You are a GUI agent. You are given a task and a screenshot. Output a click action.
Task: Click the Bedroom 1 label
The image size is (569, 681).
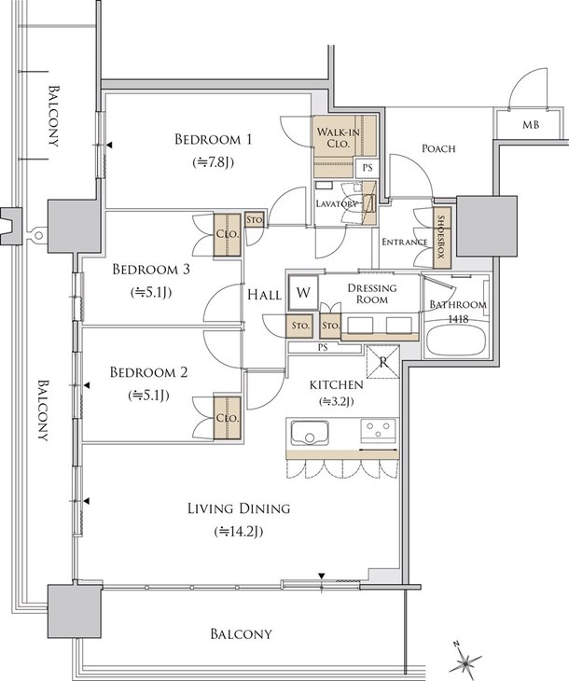click(x=213, y=139)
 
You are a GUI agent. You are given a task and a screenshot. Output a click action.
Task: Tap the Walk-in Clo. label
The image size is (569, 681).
click(x=338, y=137)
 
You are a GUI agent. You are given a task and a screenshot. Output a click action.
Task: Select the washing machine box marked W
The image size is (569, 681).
click(x=303, y=292)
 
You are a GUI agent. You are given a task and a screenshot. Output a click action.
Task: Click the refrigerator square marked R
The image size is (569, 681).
click(x=382, y=362)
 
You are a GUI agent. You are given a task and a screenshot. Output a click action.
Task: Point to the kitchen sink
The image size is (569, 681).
click(x=310, y=433)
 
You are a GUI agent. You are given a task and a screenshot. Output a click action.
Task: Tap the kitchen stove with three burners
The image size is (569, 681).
click(x=378, y=430)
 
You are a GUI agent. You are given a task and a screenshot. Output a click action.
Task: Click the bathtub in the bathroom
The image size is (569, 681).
click(x=455, y=340)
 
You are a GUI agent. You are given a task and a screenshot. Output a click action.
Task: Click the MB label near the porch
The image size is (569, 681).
click(x=531, y=125)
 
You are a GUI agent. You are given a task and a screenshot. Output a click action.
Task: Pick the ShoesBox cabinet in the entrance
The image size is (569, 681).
click(x=442, y=237)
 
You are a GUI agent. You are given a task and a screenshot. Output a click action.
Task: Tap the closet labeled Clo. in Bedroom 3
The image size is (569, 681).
click(x=228, y=234)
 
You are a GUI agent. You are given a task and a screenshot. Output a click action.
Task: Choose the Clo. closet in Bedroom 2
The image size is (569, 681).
click(x=228, y=418)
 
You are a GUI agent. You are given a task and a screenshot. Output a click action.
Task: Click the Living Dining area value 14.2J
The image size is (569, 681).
click(x=239, y=531)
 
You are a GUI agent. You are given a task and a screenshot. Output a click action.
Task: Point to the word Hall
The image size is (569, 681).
click(x=264, y=296)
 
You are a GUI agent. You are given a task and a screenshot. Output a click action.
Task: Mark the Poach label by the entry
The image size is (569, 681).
click(x=438, y=148)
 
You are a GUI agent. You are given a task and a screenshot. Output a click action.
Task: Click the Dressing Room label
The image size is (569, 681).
click(x=372, y=294)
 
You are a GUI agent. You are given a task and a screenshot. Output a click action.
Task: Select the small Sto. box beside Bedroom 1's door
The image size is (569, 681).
click(x=255, y=219)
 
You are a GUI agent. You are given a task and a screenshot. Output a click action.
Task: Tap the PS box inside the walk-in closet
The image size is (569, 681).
click(x=368, y=167)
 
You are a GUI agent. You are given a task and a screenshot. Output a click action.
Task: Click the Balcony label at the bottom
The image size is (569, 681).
click(x=241, y=633)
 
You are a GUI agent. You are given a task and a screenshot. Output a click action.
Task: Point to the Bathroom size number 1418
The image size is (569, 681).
click(x=458, y=319)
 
